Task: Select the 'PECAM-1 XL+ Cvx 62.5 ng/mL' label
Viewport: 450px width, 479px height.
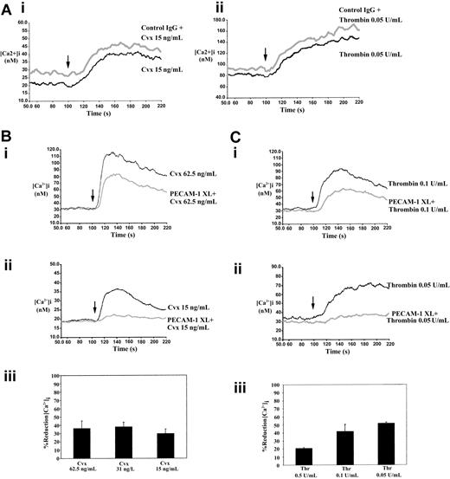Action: pos(177,200)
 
